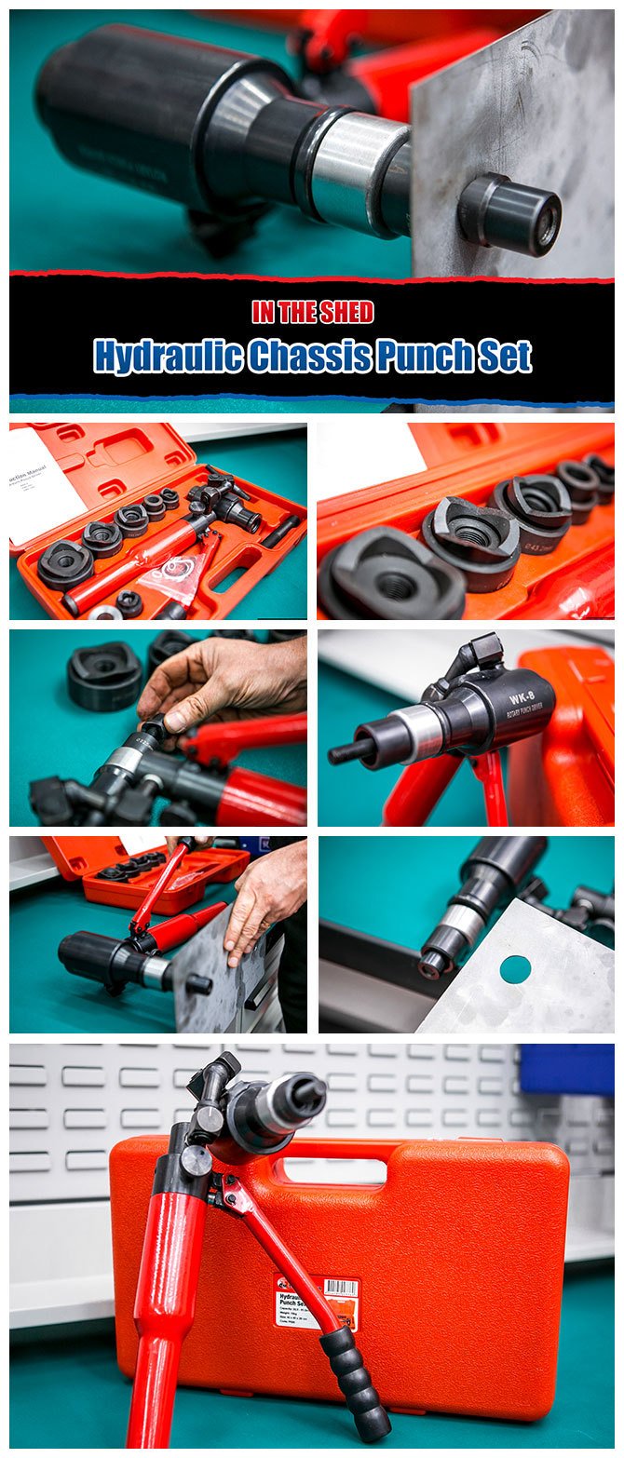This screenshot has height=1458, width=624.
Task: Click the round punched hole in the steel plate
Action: [x=515, y=969]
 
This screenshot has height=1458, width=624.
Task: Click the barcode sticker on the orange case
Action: [x=341, y=1289]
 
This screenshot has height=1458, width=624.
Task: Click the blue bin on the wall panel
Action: [x=566, y=1069]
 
